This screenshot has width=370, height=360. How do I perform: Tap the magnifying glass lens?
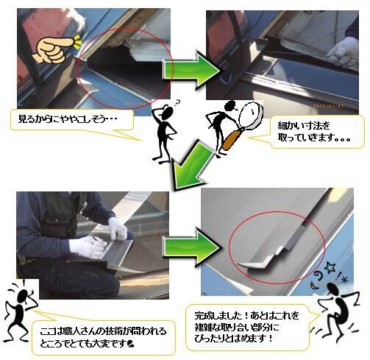coord(252,115)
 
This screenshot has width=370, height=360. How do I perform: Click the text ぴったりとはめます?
coord(230,339)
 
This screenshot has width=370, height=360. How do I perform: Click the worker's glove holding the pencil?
coord(88,247)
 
